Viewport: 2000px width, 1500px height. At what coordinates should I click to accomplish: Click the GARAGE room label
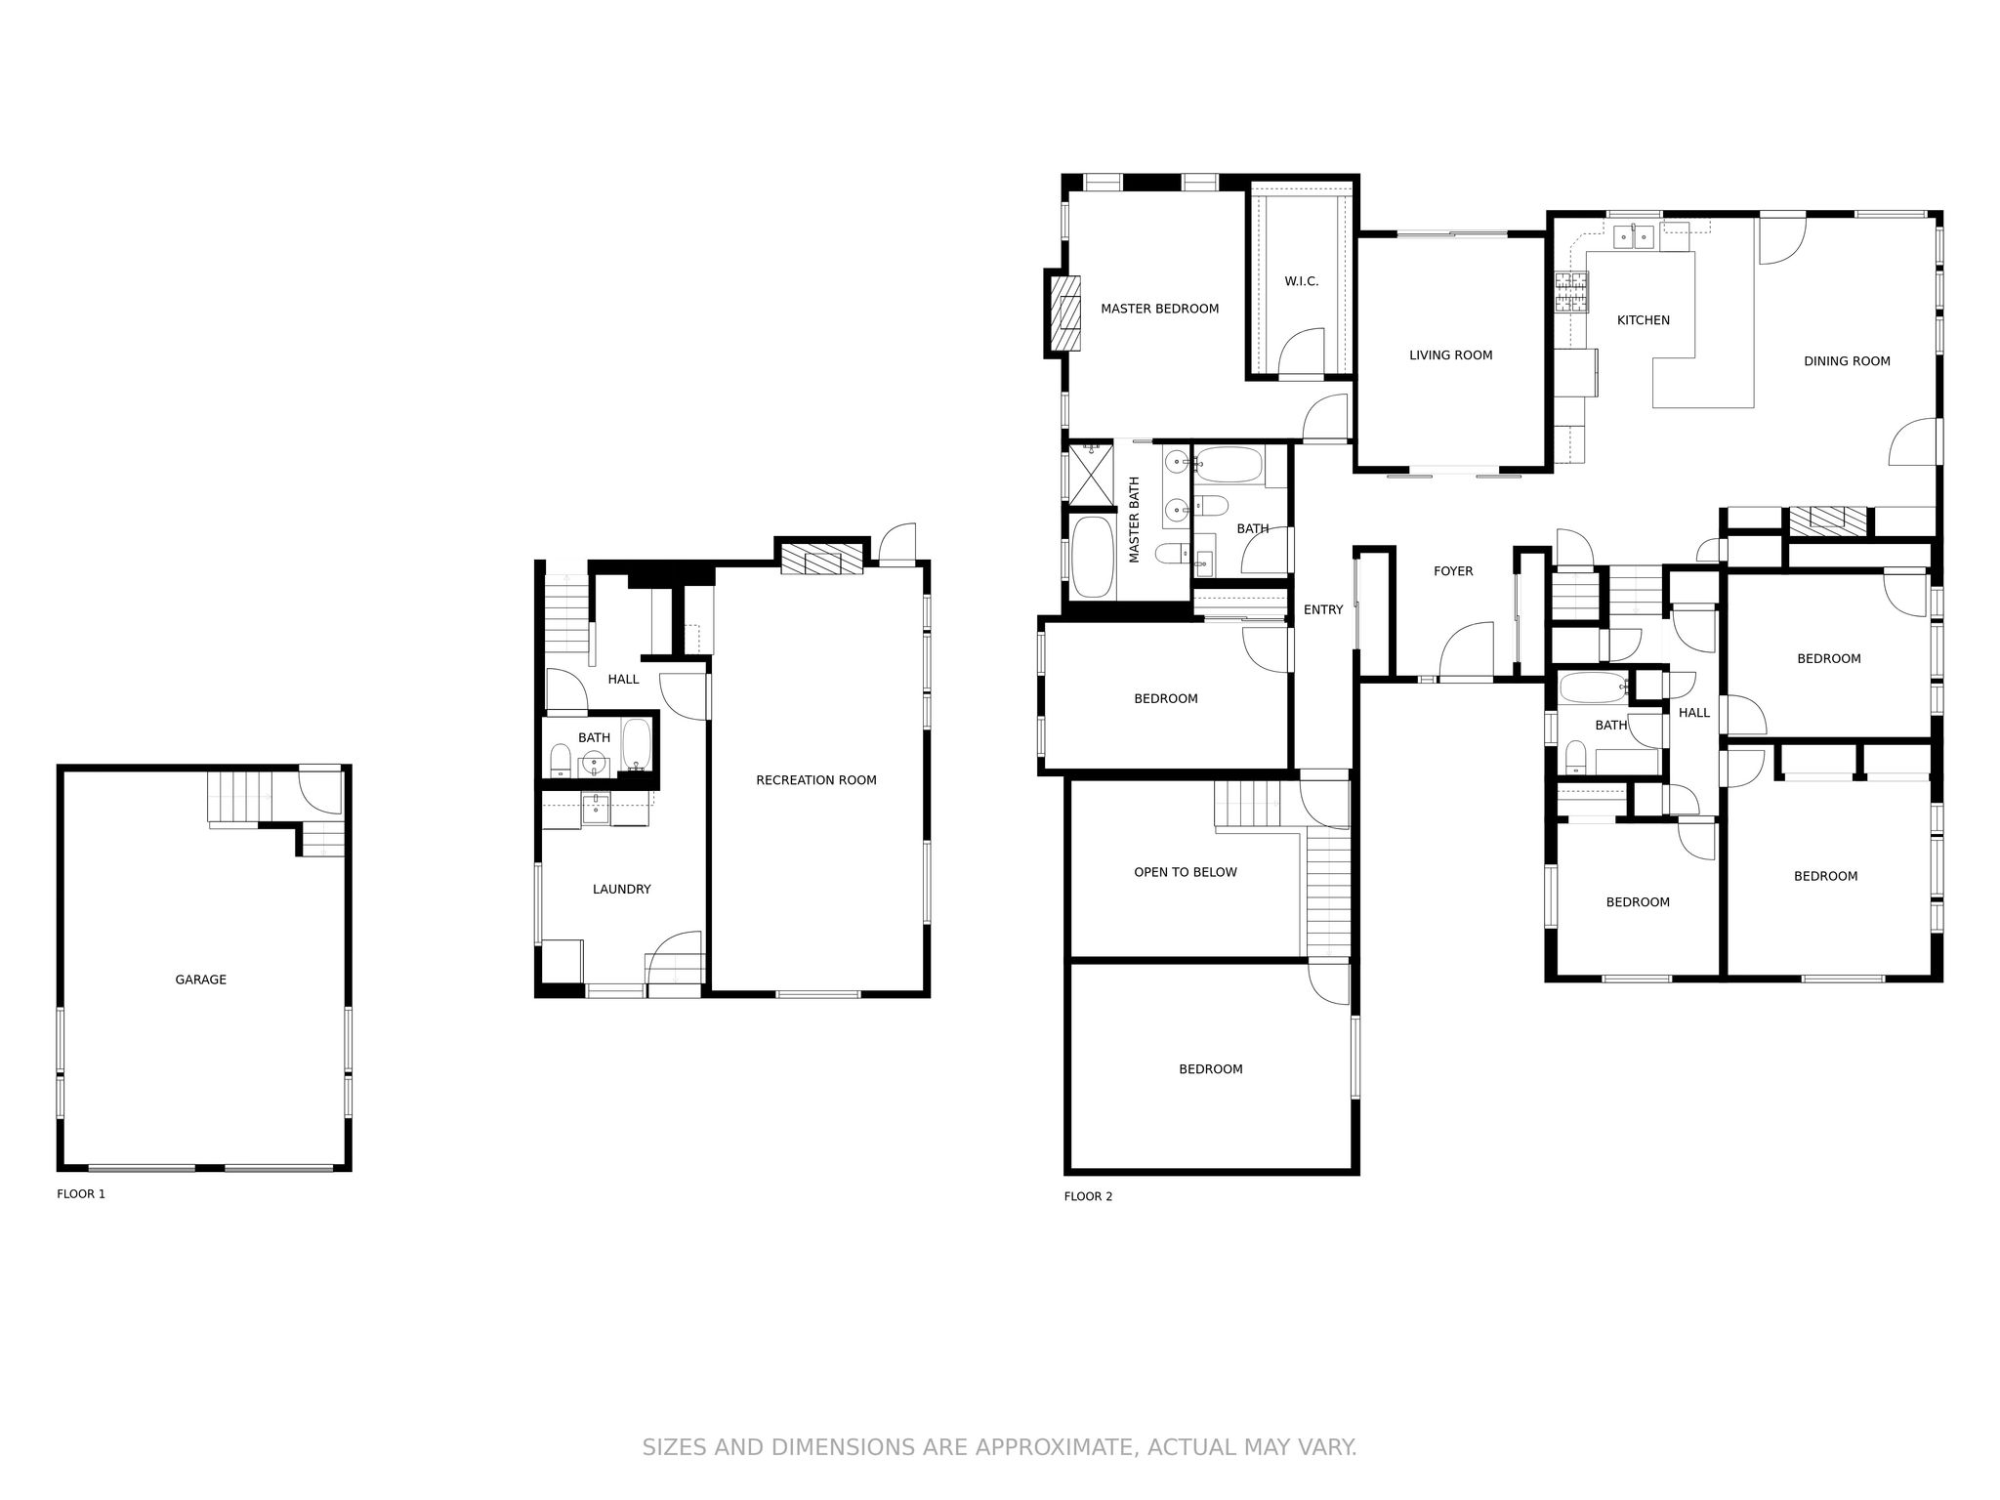click(x=200, y=979)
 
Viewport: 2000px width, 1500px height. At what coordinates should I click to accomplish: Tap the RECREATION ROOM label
click(x=816, y=780)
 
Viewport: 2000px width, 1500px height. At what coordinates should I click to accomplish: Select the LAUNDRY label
click(x=621, y=890)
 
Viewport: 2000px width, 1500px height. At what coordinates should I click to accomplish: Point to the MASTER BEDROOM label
click(x=1159, y=309)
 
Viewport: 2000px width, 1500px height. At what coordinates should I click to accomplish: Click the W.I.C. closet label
click(x=1301, y=281)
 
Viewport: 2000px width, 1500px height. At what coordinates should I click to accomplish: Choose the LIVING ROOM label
click(x=1450, y=355)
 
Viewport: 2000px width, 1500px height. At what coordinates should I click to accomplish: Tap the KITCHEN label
click(x=1644, y=320)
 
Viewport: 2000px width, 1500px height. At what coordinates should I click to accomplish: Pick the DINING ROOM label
click(x=1847, y=361)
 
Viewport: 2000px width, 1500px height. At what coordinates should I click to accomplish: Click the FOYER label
click(x=1453, y=571)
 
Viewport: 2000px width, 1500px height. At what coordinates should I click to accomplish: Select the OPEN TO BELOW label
click(x=1185, y=872)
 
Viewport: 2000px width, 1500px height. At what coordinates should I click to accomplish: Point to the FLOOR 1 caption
click(x=81, y=1193)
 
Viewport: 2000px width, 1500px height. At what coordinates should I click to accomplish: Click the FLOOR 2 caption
click(x=1088, y=1196)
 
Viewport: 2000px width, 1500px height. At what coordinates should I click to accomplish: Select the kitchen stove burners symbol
click(x=1571, y=292)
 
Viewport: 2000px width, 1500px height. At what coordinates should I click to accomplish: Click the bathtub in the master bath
click(x=1093, y=557)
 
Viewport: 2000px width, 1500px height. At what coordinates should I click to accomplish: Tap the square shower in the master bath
click(x=1092, y=476)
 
